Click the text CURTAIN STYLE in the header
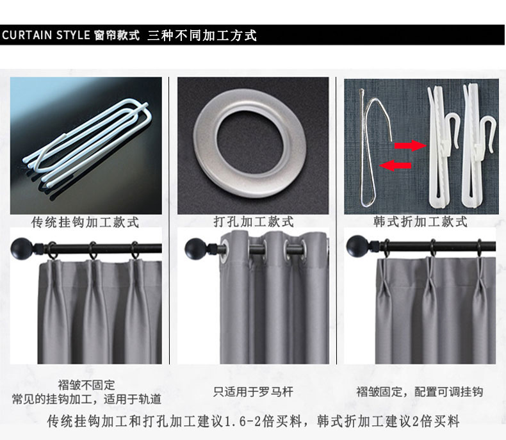tap(46, 35)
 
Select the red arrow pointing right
tap(411, 145)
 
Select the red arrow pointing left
tap(395, 165)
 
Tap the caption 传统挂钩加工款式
tap(85, 222)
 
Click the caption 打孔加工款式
tap(254, 222)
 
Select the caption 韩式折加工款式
tap(420, 222)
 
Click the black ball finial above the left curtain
tap(22, 249)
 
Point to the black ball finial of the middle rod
tap(195, 249)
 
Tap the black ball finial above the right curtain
tap(357, 247)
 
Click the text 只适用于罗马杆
tap(254, 392)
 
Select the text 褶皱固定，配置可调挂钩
tap(420, 392)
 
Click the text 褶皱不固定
tap(86, 385)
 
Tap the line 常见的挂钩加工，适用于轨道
tap(86, 400)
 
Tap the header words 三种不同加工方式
tap(202, 35)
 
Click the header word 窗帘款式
tap(117, 35)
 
